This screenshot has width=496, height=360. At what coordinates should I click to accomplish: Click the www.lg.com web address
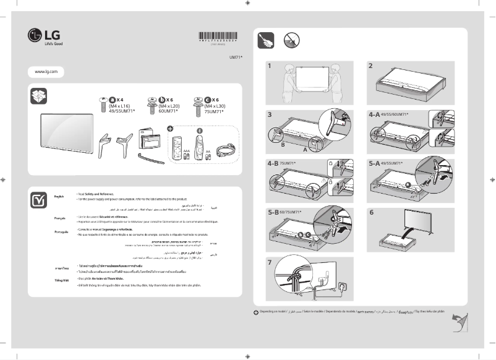tap(46, 72)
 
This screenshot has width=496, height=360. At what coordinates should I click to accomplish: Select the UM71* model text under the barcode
tap(236, 56)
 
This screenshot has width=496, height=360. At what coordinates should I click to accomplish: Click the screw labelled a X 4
tap(103, 106)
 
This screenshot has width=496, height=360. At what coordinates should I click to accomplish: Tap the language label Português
tap(62, 231)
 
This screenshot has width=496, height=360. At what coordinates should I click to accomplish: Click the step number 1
tap(270, 65)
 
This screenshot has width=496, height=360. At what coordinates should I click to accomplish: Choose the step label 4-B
tap(274, 164)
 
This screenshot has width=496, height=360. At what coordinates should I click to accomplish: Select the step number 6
tap(371, 212)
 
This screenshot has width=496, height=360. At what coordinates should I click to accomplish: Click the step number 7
tap(270, 262)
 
